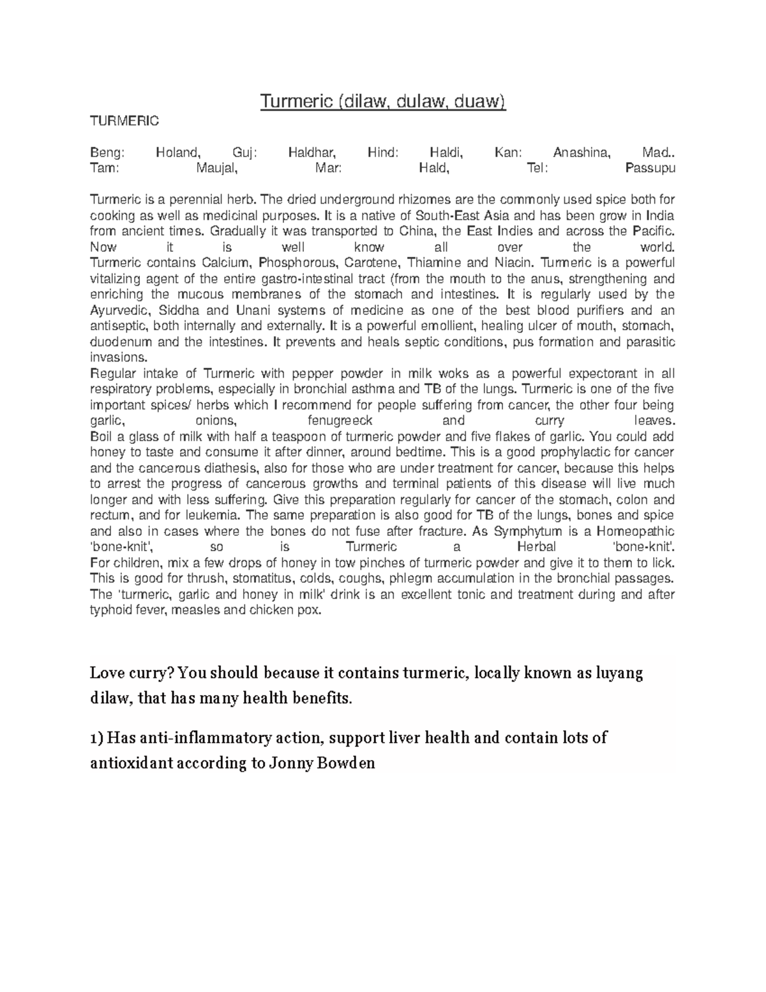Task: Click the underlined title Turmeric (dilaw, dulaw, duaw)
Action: pyautogui.click(x=382, y=102)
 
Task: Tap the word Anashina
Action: pyautogui.click(x=582, y=153)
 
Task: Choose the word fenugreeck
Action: pyautogui.click(x=340, y=421)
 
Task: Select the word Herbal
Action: pyautogui.click(x=536, y=547)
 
